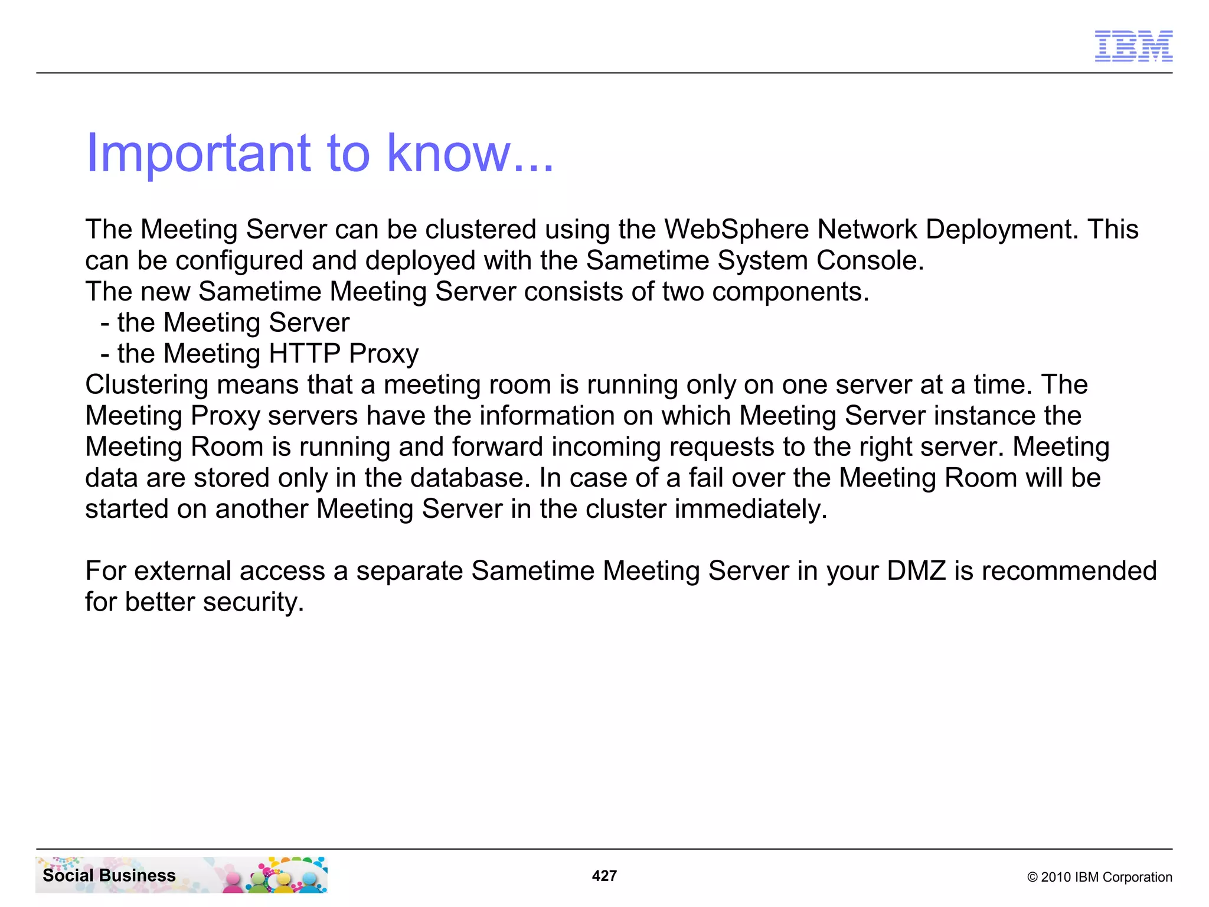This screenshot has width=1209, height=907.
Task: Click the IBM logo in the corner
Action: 1133,46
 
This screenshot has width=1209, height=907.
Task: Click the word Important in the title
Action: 198,153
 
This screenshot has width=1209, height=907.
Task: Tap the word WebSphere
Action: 736,229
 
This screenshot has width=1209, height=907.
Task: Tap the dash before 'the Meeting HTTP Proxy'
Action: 105,354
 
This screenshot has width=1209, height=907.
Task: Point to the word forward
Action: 497,447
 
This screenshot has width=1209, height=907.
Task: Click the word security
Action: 253,602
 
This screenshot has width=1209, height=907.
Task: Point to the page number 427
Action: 604,876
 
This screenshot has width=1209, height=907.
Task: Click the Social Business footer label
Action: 109,875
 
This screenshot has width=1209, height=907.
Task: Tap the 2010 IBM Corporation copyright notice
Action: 1099,877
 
